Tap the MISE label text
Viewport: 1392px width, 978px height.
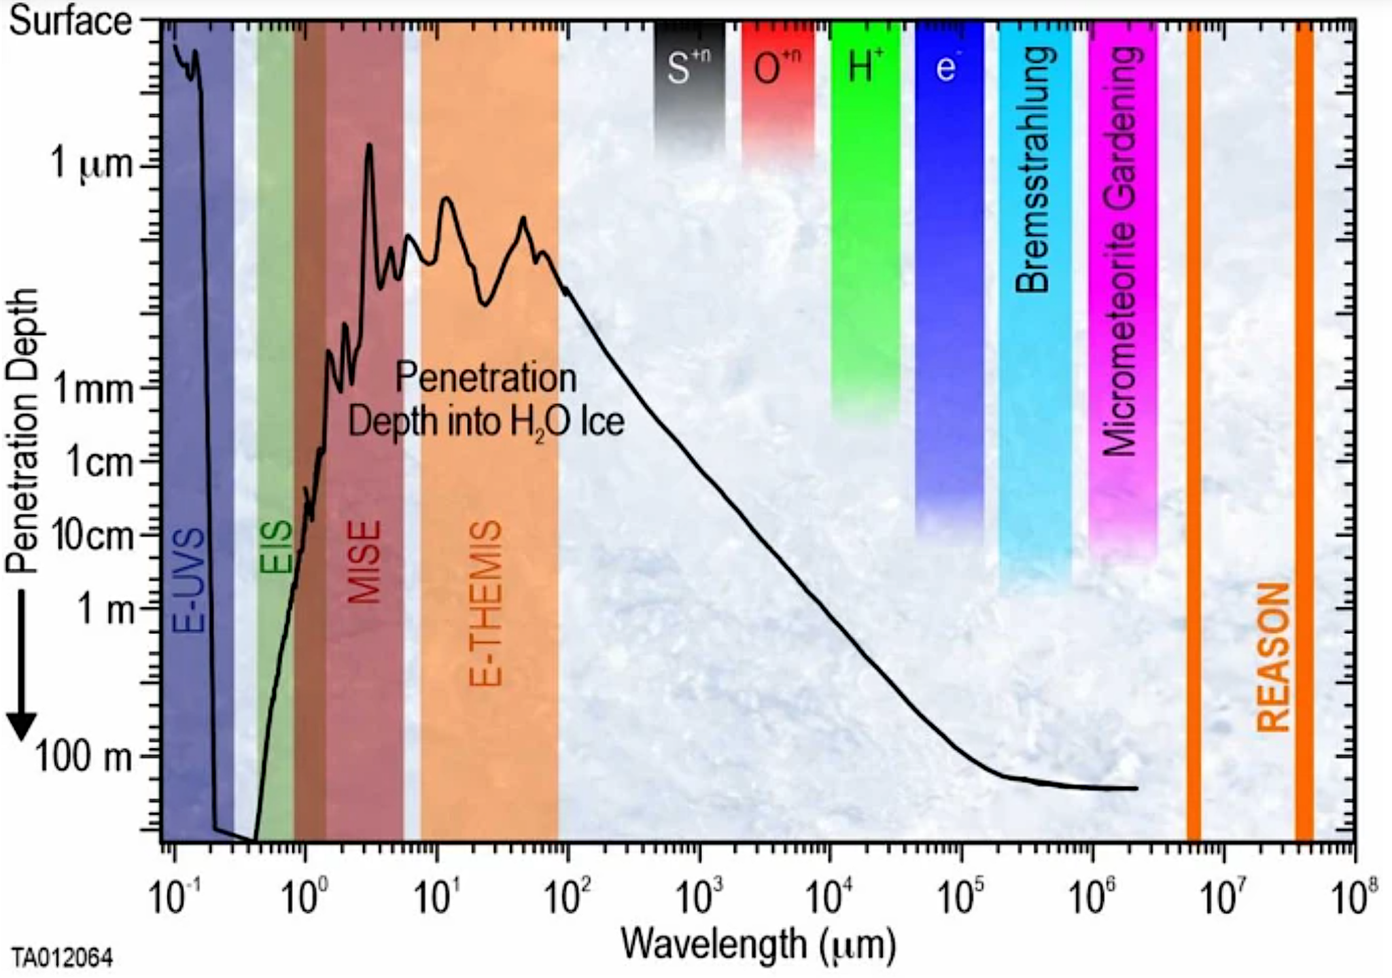click(x=364, y=562)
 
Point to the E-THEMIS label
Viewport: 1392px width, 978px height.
click(x=487, y=604)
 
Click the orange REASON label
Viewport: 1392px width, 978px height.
click(x=1273, y=657)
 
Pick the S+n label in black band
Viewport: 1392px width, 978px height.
click(x=688, y=66)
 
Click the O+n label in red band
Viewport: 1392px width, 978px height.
click(x=777, y=66)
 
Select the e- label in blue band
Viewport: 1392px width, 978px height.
click(x=946, y=67)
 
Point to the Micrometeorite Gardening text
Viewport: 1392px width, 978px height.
click(x=1121, y=251)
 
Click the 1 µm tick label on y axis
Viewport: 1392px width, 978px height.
click(x=92, y=164)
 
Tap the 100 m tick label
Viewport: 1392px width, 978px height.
click(x=84, y=756)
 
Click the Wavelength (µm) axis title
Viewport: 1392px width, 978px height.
click(x=759, y=945)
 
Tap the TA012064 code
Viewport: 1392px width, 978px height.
click(x=62, y=959)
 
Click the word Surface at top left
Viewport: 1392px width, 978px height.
click(x=70, y=22)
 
